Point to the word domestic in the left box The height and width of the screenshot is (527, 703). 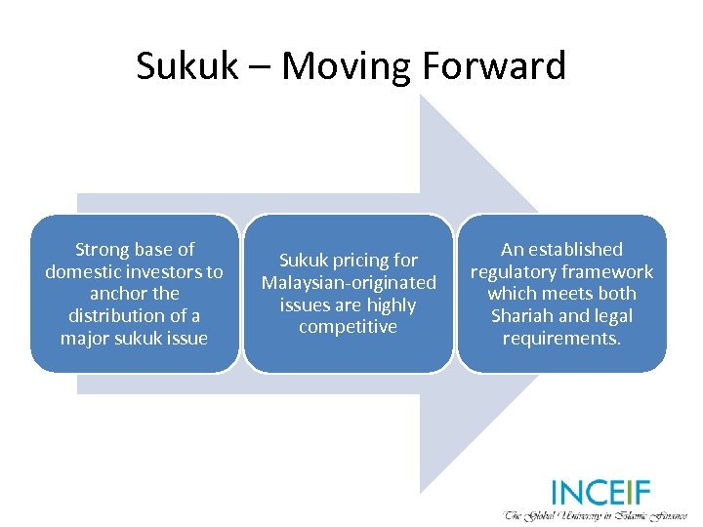(x=88, y=272)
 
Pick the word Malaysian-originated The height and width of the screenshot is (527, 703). (x=349, y=283)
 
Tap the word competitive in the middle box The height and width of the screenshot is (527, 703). (x=349, y=327)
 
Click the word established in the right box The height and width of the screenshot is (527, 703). (x=575, y=250)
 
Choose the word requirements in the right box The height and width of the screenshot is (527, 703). (x=560, y=339)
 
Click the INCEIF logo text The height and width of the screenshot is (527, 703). (x=600, y=492)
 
